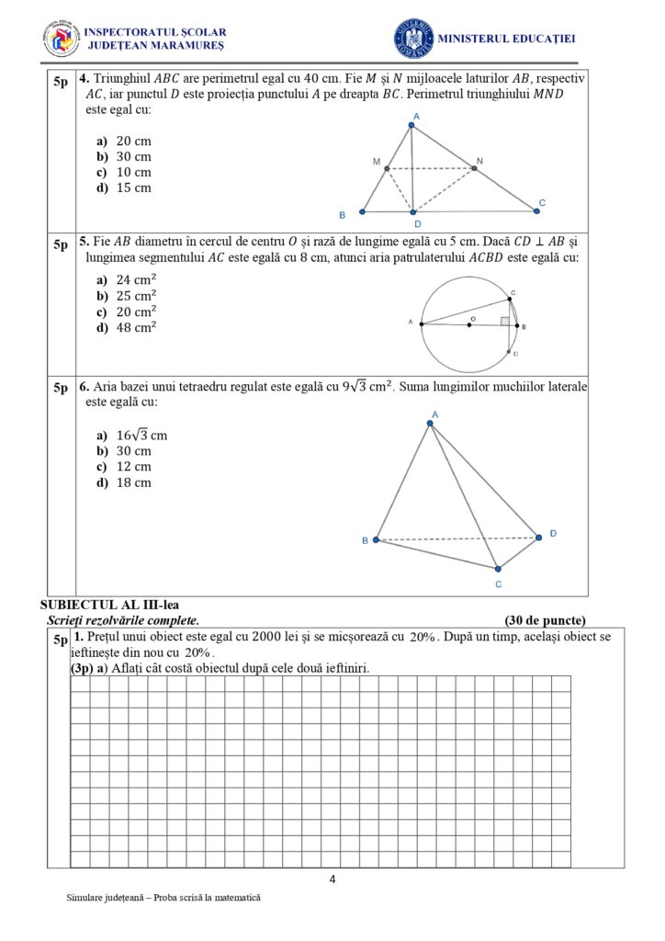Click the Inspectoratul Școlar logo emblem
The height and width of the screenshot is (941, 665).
click(62, 38)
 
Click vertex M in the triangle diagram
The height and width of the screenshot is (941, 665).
click(387, 168)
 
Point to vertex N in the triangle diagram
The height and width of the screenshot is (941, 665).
click(474, 168)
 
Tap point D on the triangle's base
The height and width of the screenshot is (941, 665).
click(413, 212)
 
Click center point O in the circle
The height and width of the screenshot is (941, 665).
click(469, 324)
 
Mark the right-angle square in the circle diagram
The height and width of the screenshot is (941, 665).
click(505, 321)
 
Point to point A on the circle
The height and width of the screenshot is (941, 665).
click(422, 323)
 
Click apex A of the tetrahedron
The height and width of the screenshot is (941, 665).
click(430, 423)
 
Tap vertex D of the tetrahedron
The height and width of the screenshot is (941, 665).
click(539, 537)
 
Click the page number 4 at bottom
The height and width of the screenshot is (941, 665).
click(332, 879)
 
